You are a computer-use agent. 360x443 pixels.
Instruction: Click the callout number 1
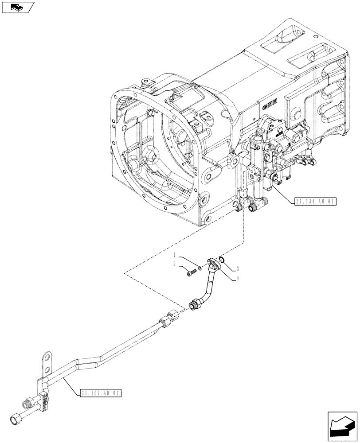click(x=175, y=256)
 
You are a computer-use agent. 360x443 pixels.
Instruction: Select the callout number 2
click(x=175, y=264)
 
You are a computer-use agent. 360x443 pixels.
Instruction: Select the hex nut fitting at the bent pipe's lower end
click(x=194, y=305)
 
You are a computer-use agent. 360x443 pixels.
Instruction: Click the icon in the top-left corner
click(x=17, y=7)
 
